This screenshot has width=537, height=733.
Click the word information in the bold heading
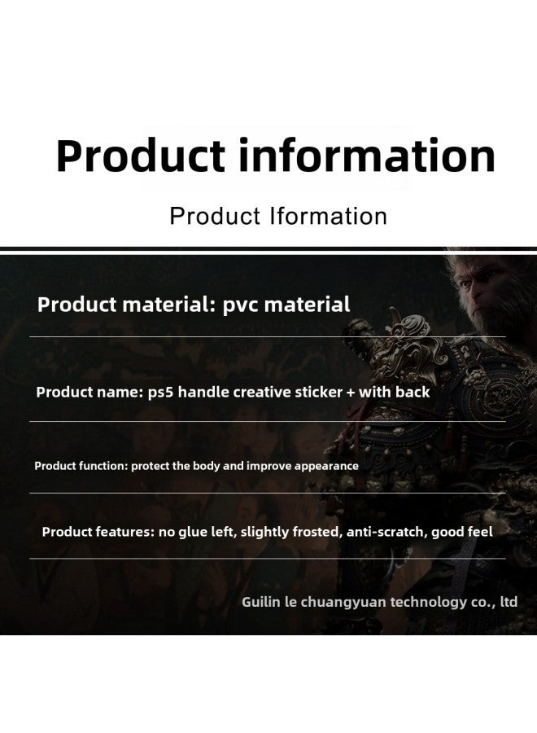367,156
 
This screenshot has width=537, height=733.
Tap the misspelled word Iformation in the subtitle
329,216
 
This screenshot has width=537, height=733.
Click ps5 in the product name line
160,393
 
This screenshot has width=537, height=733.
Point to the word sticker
318,392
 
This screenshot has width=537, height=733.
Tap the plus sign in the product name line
351,393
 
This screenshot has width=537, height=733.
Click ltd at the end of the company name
509,602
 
